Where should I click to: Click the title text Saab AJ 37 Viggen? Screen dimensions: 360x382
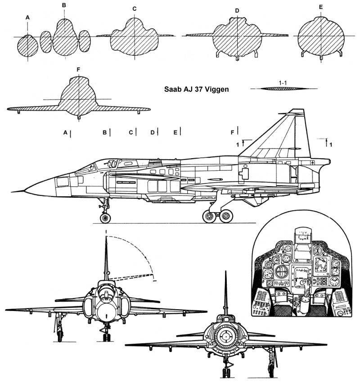click(x=196, y=89)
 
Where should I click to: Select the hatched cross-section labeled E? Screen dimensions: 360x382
click(x=321, y=36)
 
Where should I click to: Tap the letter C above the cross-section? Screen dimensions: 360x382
click(x=135, y=9)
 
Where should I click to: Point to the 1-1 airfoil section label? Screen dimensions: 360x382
click(x=283, y=83)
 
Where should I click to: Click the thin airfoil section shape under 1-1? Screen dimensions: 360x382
click(x=284, y=89)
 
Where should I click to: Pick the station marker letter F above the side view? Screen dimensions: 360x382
click(x=233, y=132)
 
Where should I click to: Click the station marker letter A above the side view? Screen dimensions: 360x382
click(x=65, y=133)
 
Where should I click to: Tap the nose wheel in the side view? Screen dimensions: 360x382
click(x=105, y=218)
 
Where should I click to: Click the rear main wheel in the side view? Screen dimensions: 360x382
click(x=226, y=216)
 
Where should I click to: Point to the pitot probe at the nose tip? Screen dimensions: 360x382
click(x=18, y=191)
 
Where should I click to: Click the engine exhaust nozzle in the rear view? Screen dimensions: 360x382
click(x=225, y=337)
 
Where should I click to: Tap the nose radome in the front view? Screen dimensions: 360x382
click(x=106, y=314)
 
